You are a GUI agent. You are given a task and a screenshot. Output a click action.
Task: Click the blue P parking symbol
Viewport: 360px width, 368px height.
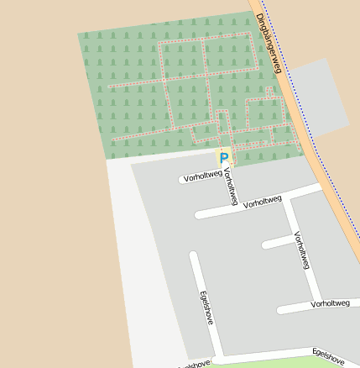224,157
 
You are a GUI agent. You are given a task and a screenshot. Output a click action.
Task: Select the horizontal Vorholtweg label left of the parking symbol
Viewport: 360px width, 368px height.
202,176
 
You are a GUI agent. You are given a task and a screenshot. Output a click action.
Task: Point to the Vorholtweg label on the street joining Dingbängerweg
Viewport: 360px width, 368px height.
263,202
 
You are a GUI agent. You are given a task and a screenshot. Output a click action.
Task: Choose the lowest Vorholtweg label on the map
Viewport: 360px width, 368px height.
329,302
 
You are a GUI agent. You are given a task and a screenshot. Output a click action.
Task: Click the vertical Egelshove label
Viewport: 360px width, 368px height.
207,308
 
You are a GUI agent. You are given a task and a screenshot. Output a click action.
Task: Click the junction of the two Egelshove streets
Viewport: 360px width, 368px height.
219,356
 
